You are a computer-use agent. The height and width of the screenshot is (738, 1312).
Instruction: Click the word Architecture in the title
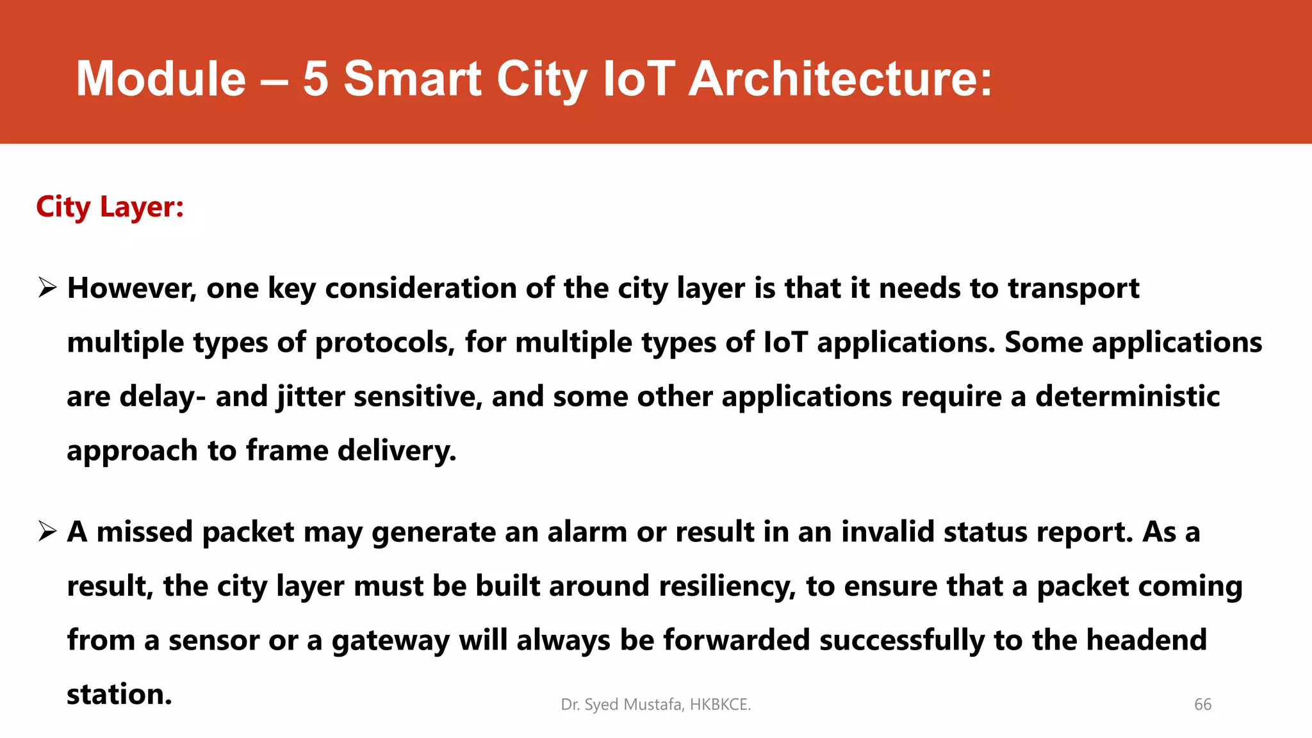[840, 79]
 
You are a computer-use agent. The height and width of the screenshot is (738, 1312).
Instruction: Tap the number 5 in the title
[315, 79]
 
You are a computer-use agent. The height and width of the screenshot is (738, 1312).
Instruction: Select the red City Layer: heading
[110, 208]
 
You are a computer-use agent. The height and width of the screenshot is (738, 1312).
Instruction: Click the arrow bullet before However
[47, 288]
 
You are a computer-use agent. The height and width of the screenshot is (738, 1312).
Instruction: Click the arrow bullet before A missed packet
[47, 531]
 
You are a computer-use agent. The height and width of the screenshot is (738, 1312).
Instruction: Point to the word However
[131, 288]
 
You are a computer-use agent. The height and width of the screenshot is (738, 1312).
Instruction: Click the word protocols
[384, 343]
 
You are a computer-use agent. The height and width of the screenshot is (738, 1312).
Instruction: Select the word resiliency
[727, 586]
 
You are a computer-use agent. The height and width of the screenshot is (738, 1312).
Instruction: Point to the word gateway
[390, 641]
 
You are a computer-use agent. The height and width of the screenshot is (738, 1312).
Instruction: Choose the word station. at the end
[119, 694]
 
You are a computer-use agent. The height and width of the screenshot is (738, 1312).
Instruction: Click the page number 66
[1202, 705]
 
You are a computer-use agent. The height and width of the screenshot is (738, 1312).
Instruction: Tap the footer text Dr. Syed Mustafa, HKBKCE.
[655, 705]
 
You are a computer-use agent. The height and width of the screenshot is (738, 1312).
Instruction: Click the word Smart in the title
[413, 79]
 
